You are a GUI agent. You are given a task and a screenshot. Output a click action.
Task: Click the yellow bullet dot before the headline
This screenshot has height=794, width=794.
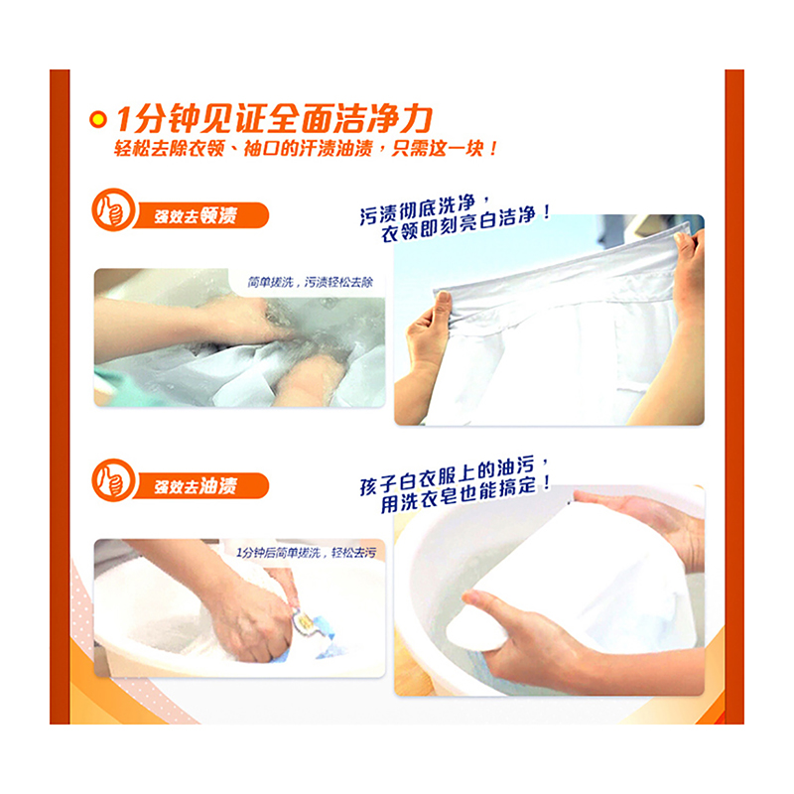point(97,120)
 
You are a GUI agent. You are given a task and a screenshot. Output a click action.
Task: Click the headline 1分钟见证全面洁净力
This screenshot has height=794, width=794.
point(274,119)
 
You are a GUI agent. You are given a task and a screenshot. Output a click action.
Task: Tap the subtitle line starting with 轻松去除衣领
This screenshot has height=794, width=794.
point(306,148)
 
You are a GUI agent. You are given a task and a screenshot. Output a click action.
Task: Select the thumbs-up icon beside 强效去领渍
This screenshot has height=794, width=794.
point(113,209)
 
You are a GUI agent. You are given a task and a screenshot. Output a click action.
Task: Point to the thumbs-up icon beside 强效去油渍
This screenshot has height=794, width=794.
point(113,480)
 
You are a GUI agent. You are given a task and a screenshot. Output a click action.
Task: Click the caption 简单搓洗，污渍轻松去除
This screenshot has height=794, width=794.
point(310,282)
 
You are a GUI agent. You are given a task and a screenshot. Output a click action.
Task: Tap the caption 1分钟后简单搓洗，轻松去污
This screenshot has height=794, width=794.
point(306,553)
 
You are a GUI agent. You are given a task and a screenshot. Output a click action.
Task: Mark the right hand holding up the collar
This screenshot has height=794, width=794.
point(690,276)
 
